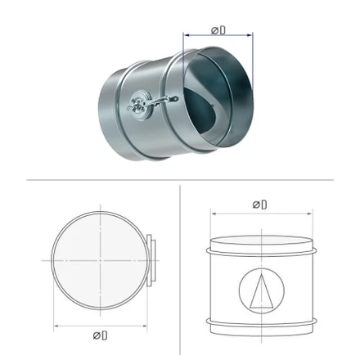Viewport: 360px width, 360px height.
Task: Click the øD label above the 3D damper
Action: (218, 30)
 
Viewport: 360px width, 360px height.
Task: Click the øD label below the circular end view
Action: (100, 335)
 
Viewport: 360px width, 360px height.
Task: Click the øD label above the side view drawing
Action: (259, 205)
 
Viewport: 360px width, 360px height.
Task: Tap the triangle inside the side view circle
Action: (262, 291)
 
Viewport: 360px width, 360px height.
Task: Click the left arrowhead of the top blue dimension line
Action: (187, 35)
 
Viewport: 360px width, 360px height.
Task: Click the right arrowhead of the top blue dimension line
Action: (250, 35)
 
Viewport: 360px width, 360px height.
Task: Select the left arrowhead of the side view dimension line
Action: (214, 214)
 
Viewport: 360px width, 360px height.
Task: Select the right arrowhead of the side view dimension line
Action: (310, 214)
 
